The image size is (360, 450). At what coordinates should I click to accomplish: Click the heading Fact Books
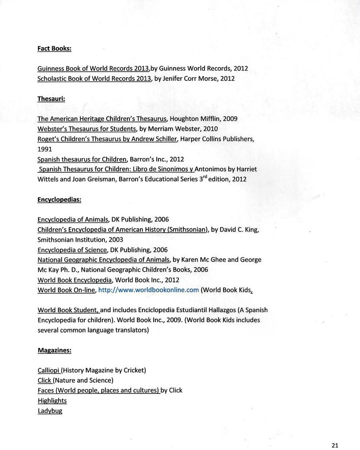pos(54,48)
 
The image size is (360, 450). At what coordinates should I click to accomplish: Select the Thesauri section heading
pos(51,98)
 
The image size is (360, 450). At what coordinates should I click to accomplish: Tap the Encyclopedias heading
pos(60,200)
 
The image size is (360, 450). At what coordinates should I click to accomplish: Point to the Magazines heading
pos(55,350)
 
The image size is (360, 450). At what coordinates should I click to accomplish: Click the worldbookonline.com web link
pos(148,290)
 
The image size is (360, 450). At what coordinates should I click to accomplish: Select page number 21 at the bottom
pos(335,445)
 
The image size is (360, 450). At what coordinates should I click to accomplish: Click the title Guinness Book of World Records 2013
pos(93,68)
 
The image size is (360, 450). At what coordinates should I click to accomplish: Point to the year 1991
pos(45,149)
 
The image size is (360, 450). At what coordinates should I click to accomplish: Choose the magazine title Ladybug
pos(50,411)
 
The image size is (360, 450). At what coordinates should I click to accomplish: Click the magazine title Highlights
pos(52,401)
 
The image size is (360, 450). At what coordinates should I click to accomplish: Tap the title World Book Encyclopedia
pos(75,280)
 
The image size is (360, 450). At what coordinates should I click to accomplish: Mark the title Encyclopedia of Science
pos(72,250)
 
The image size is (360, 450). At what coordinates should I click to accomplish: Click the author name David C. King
pos(239,230)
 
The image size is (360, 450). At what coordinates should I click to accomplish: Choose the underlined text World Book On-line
pos(66,290)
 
